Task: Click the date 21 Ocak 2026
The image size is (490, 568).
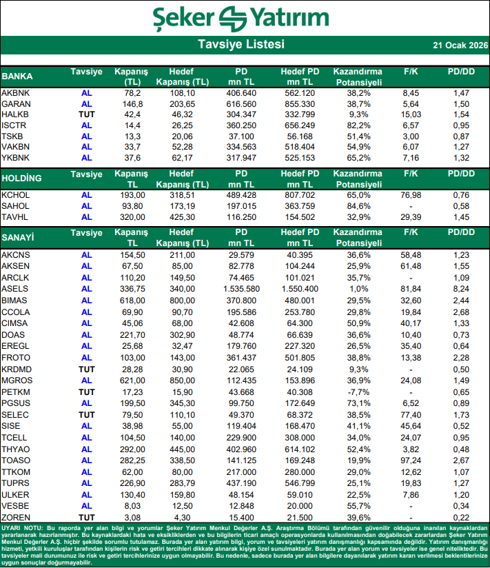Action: [460, 45]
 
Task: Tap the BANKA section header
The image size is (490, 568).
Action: [18, 76]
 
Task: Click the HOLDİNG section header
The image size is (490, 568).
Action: [22, 179]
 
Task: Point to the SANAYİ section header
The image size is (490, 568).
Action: [19, 238]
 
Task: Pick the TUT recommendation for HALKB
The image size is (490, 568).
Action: [87, 114]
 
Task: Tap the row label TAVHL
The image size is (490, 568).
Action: [16, 216]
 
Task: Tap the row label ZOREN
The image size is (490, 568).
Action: [16, 517]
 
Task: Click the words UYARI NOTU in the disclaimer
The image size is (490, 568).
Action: [21, 527]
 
